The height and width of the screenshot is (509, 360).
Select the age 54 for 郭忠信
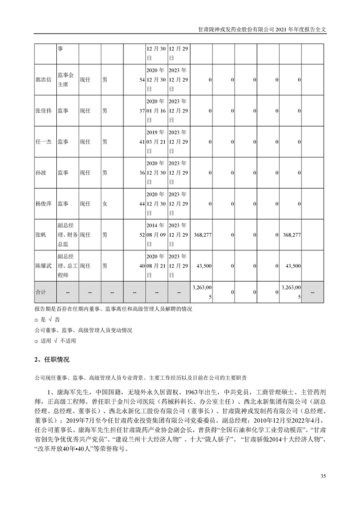click(x=141, y=80)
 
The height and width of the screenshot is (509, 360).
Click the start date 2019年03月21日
click(x=157, y=142)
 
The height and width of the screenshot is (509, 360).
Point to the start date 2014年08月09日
click(x=157, y=235)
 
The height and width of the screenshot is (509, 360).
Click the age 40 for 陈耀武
click(x=141, y=266)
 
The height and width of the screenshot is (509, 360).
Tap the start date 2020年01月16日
click(x=157, y=111)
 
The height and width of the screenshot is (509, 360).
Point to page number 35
click(x=323, y=476)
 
